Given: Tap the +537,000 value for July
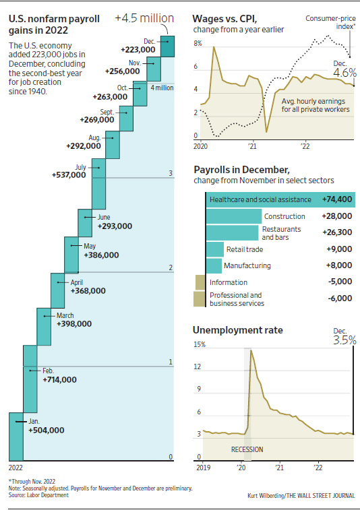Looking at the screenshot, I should coord(69,174).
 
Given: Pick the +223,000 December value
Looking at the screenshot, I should coord(140,50).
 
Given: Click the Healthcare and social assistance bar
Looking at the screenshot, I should coord(259,199).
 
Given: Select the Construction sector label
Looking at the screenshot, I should coord(284,216).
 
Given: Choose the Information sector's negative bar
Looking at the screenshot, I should coord(200,282).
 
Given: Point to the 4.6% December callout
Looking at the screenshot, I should coord(344,72).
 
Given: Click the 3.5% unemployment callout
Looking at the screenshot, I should coord(344,340).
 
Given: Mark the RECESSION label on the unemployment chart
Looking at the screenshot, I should coord(247,449).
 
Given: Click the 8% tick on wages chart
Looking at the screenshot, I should coord(198,43).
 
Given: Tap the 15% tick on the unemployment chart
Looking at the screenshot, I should coord(200,344).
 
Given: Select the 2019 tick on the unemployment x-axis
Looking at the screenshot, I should coord(201,466).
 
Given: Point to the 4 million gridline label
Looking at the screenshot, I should coord(161,88).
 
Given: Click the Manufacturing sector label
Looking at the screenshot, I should coord(247,265).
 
